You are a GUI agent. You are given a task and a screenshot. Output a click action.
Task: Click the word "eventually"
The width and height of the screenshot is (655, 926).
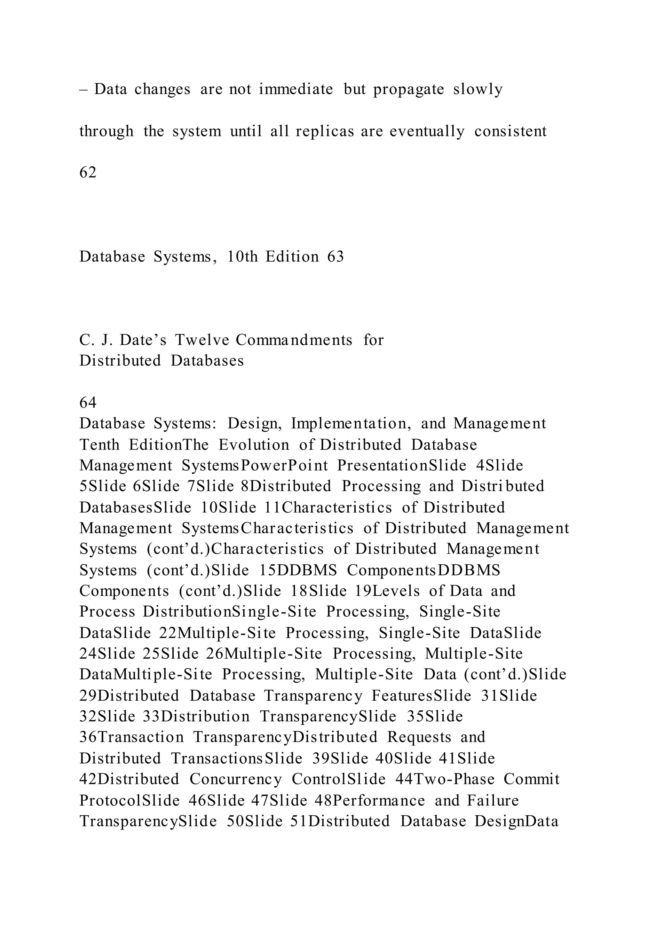click(x=427, y=131)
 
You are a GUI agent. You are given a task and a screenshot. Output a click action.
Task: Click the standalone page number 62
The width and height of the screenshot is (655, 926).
click(x=88, y=173)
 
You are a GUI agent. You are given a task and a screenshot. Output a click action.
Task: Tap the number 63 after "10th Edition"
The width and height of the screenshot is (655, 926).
click(x=335, y=257)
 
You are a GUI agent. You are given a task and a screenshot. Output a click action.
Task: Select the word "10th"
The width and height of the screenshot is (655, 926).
click(x=242, y=257)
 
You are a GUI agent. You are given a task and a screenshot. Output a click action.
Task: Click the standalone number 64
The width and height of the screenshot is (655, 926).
click(x=88, y=403)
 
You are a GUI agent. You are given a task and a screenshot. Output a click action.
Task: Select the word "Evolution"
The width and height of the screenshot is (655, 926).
click(x=254, y=445)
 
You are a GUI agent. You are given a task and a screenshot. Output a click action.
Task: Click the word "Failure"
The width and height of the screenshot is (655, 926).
click(x=493, y=800)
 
